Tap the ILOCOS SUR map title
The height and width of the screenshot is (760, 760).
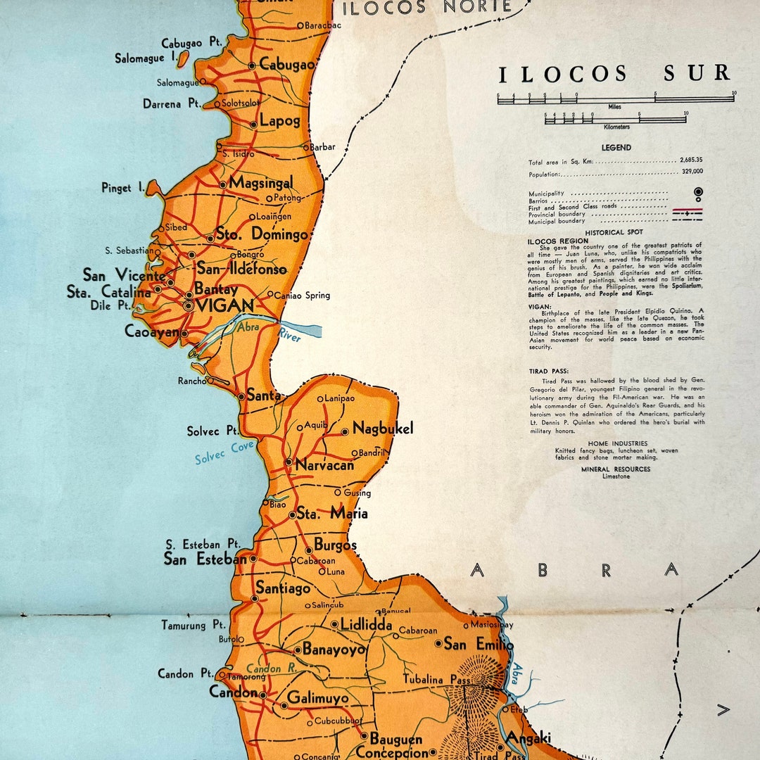click(x=614, y=73)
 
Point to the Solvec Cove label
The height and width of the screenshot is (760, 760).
click(x=224, y=452)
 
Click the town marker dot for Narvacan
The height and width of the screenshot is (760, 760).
click(x=289, y=462)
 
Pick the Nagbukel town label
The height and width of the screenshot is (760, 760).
click(x=383, y=428)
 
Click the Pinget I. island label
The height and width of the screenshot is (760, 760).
click(x=122, y=188)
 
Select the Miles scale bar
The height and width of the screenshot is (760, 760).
click(x=616, y=100)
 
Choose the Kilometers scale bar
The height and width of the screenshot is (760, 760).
click(x=616, y=120)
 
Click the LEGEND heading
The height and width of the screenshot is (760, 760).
click(x=616, y=148)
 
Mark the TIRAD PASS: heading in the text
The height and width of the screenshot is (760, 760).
click(x=549, y=371)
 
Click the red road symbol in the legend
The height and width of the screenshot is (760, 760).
click(x=688, y=209)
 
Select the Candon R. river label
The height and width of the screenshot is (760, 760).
click(x=271, y=669)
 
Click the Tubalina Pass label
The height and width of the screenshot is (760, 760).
click(x=436, y=679)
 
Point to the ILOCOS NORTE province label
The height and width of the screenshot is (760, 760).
click(x=426, y=8)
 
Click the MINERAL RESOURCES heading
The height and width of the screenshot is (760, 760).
click(x=616, y=469)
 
